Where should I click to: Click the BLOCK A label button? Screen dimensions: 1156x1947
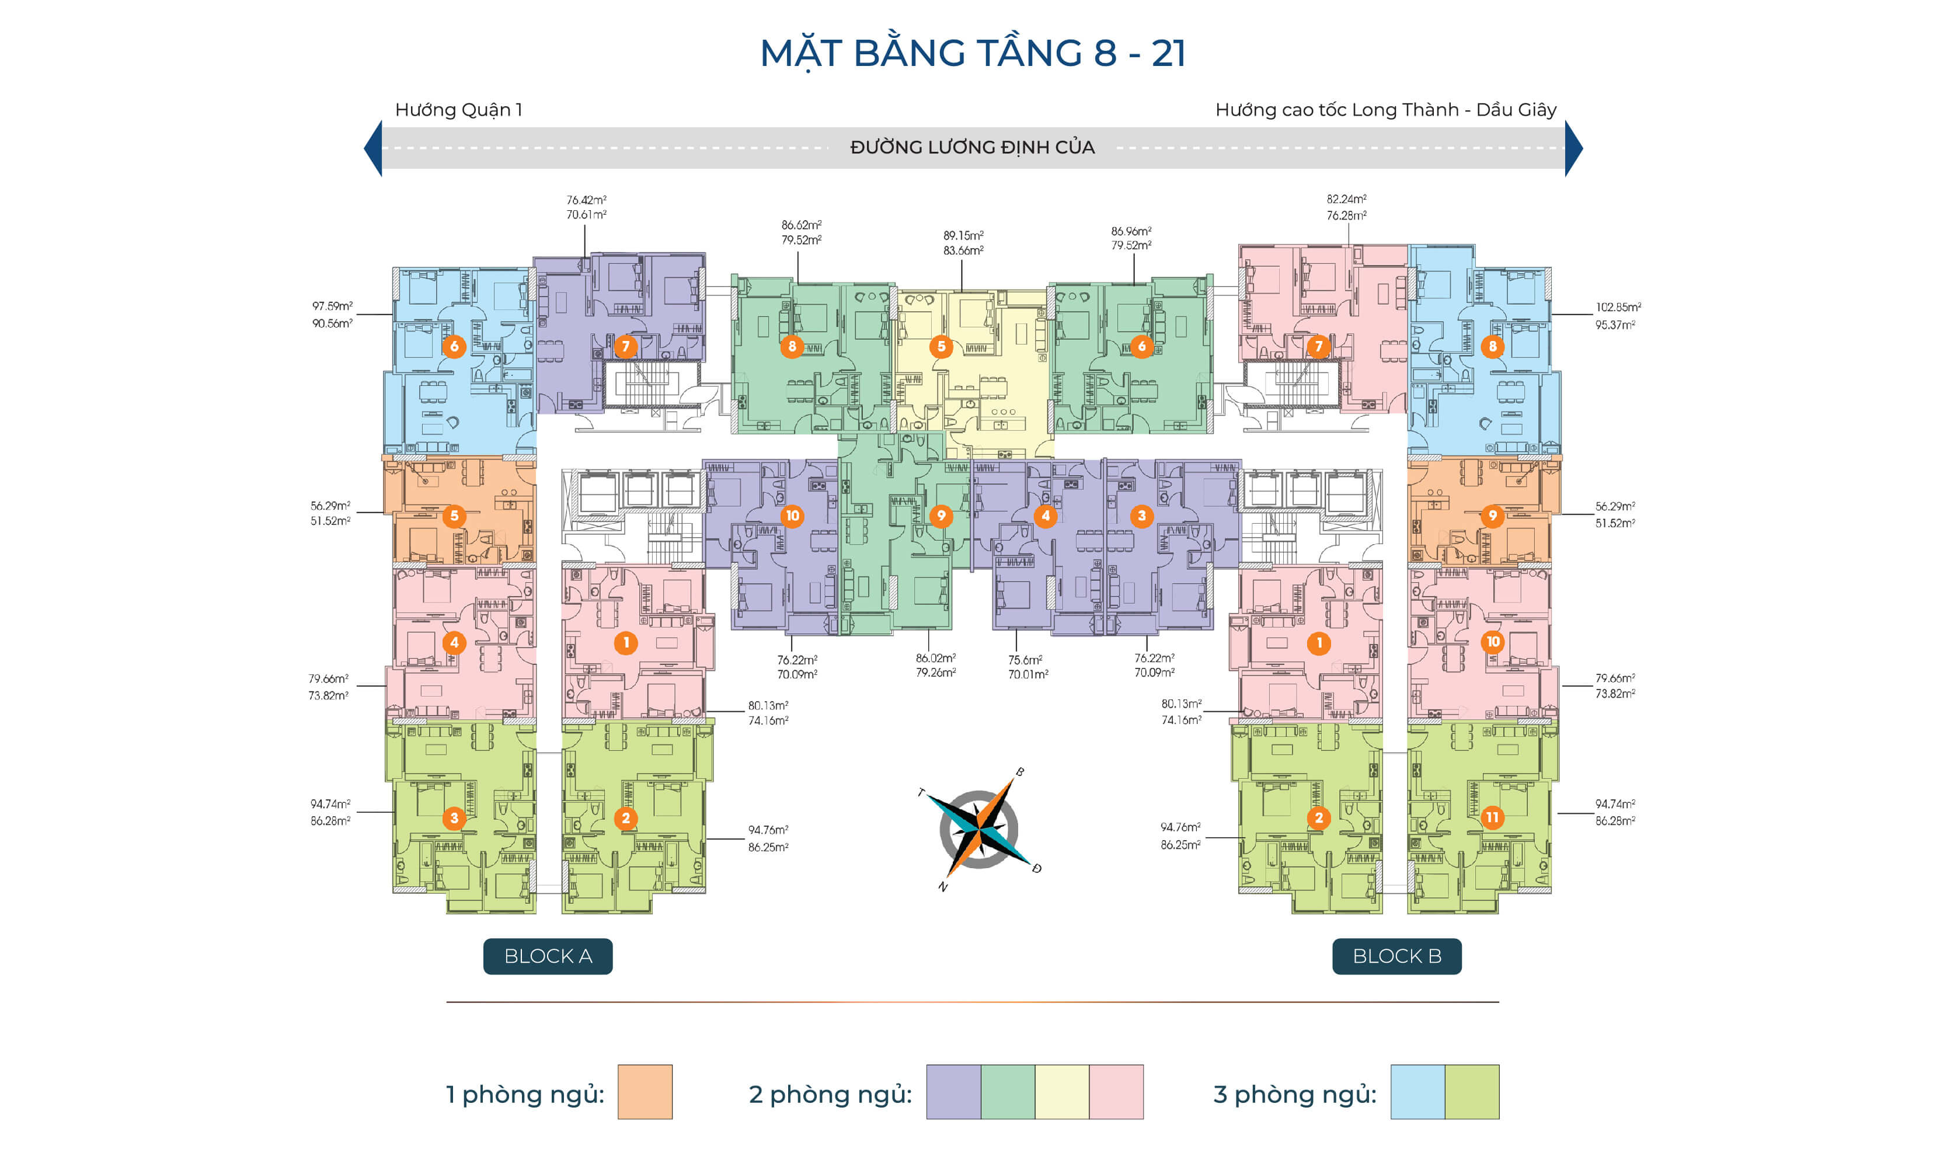(x=548, y=956)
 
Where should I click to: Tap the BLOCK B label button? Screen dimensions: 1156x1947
(x=1396, y=956)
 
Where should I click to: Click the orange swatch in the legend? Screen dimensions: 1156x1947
(x=645, y=1092)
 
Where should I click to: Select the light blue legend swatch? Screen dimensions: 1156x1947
(x=1417, y=1092)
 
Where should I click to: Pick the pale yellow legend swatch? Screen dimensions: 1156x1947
(x=1061, y=1092)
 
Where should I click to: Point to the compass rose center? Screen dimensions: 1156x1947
(x=978, y=829)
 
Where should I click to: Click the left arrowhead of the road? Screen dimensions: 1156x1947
(x=374, y=148)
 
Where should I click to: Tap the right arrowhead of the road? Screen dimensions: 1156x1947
(x=1573, y=148)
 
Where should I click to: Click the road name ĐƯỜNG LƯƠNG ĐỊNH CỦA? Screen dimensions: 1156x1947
(x=972, y=147)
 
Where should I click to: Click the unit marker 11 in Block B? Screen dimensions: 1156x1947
(x=1492, y=817)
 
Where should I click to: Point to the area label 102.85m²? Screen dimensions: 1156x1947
(x=1618, y=308)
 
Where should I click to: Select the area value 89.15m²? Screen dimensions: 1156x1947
(x=963, y=235)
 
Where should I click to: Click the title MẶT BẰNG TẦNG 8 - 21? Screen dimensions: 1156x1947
(x=973, y=53)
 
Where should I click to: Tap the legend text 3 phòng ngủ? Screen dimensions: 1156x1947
(x=1294, y=1095)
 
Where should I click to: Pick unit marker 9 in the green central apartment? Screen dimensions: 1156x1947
(x=941, y=515)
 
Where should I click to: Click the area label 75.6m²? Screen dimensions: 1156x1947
(x=1025, y=660)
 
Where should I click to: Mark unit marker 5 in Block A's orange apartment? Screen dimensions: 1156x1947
(x=454, y=516)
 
